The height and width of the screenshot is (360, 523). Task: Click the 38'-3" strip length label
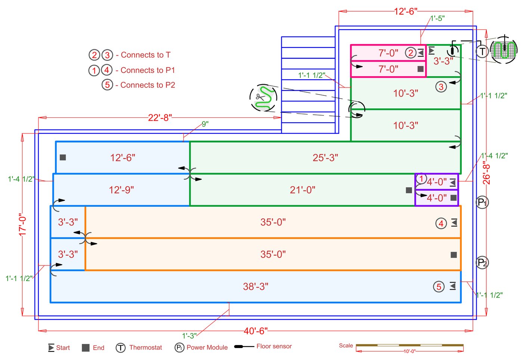coord(256,287)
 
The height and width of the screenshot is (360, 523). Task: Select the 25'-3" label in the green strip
coord(325,158)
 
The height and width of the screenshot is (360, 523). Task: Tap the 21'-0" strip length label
coord(303,190)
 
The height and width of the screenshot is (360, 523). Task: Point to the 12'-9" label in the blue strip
coord(121,190)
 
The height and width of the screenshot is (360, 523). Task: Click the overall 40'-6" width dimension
coord(256,331)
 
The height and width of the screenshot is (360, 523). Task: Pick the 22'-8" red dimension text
coord(160,118)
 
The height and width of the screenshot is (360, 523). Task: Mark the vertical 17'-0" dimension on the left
coord(23,224)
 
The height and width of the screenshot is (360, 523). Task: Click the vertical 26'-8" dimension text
coord(486,173)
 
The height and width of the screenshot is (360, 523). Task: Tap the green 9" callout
coord(205,124)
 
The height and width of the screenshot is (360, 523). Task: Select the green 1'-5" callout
coord(437,18)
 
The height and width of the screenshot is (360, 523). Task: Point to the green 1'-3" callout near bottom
coord(189,336)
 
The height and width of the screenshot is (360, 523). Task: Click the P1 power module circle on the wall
coord(482,203)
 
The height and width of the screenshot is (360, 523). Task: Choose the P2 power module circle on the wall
coord(482,263)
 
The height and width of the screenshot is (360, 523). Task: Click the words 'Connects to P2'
coord(148,85)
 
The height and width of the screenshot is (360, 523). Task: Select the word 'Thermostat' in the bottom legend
coord(146,348)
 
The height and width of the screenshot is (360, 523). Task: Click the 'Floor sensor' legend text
coord(274,347)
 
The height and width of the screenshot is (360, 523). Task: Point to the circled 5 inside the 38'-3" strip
coord(439,287)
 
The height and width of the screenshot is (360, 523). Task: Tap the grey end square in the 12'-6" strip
coord(63,157)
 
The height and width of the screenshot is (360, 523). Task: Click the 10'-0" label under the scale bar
coord(409,351)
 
